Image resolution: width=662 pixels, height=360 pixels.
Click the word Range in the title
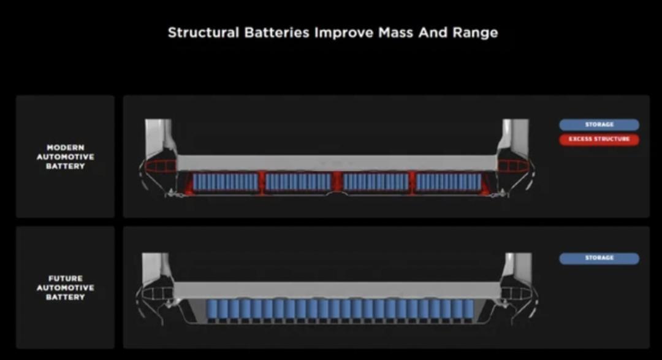coord(475,33)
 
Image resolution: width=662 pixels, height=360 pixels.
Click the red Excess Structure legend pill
coord(599,139)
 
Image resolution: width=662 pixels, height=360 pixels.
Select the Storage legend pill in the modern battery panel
coord(599,124)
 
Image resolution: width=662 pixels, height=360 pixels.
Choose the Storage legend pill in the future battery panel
coord(599,258)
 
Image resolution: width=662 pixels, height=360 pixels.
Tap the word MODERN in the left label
coord(65,148)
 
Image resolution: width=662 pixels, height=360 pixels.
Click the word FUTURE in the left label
coord(65,278)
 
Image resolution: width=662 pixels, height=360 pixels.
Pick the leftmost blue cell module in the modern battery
coord(226,182)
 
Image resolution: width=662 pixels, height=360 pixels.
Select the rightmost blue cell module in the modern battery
coord(449,182)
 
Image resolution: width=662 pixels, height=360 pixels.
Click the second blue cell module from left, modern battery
coord(299,182)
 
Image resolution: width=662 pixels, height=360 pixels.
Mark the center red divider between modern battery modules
coord(337,182)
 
